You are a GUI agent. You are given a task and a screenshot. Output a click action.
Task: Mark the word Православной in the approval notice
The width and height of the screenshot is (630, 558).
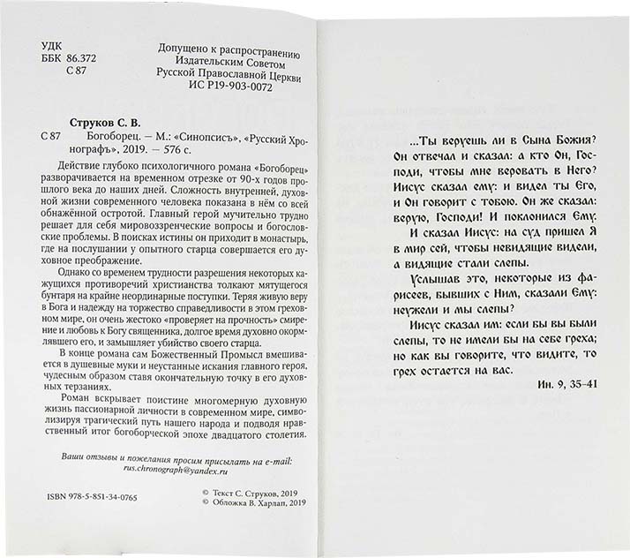pos(216,76)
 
